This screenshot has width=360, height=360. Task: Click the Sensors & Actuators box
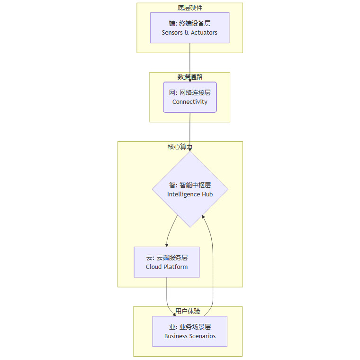[189, 28]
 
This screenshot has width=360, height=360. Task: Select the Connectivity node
[190, 97]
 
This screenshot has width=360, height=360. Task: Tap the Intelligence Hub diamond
[190, 189]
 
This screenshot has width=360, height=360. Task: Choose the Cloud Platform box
[167, 262]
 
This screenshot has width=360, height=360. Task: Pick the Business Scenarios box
[190, 331]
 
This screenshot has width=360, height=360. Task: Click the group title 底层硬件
[190, 8]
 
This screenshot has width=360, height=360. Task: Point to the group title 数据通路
[190, 77]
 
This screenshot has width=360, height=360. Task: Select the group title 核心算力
[180, 147]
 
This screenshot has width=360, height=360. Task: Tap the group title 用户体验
[188, 311]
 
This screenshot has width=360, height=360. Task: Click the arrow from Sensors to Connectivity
[190, 63]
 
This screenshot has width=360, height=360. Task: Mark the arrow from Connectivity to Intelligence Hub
[190, 132]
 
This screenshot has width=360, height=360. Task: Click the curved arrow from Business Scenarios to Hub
[213, 264]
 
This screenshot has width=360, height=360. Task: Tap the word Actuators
[204, 33]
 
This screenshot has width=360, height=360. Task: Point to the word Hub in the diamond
[207, 194]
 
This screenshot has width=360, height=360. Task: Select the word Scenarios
[203, 336]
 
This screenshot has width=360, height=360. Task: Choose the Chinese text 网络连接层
[195, 92]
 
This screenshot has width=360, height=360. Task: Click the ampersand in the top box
[187, 33]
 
